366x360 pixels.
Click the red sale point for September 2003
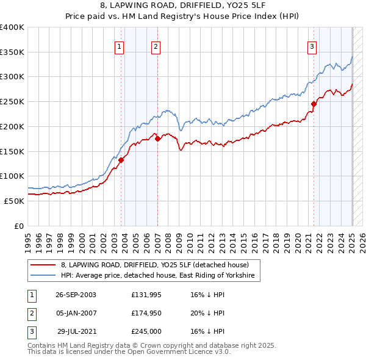[x=121, y=160]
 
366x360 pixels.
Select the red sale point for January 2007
[x=157, y=139]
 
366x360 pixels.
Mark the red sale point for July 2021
[x=314, y=104]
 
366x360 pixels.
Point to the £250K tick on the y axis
[x=12, y=101]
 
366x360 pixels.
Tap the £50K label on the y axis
[x=14, y=201]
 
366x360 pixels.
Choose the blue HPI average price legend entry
[x=160, y=276]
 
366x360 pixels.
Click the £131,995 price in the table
[x=145, y=295]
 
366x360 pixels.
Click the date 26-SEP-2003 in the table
[x=76, y=295]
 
